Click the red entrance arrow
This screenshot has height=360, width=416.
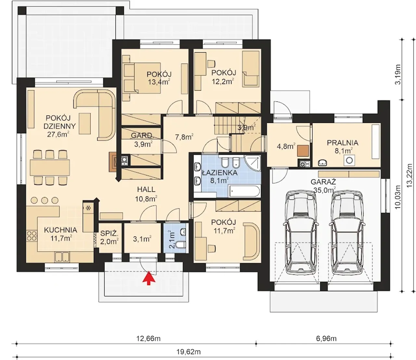[x=149, y=278]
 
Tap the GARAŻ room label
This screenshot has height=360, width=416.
[x=323, y=182]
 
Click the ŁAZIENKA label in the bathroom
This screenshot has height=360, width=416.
[x=220, y=173]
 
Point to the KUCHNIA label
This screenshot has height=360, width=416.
[x=60, y=230]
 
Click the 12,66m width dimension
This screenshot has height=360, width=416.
[x=149, y=339]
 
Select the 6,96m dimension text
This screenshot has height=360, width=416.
[x=326, y=339]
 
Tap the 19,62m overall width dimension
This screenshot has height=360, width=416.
[x=188, y=352]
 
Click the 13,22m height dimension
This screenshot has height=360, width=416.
[x=410, y=175]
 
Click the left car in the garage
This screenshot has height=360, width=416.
[x=301, y=233]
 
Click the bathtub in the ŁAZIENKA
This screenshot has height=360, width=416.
[x=244, y=191]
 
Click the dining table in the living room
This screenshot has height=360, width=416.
[x=50, y=167]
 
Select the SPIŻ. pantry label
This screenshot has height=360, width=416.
[x=109, y=233]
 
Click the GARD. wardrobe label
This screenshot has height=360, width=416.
[x=142, y=136]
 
